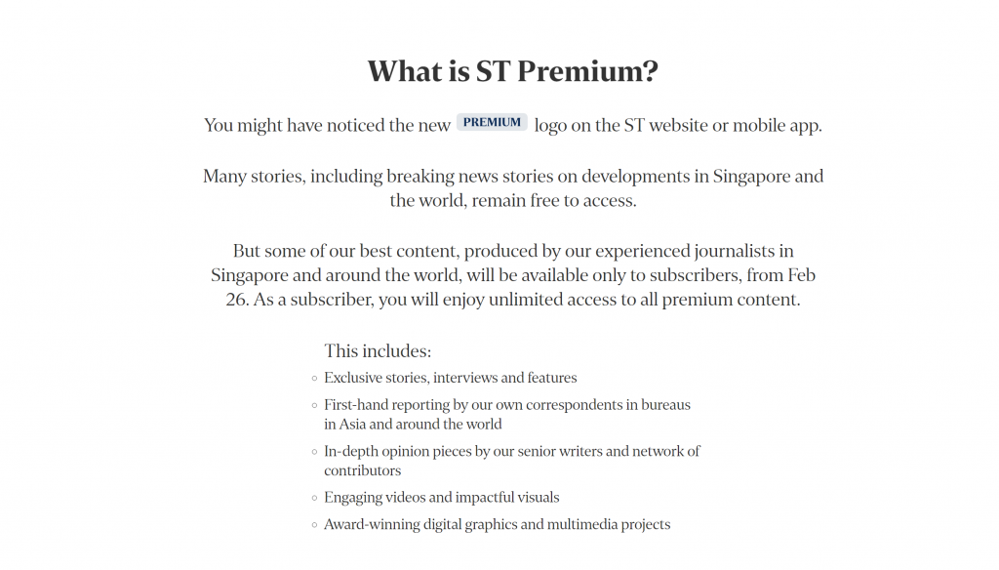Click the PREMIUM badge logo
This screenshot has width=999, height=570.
point(492,122)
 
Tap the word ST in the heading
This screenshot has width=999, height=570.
point(493,71)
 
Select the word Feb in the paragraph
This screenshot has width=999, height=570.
point(802,275)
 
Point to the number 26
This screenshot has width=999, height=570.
point(237,300)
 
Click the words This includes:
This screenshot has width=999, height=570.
point(378,351)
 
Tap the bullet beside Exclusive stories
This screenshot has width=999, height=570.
point(314,379)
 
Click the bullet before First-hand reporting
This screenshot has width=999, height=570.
point(314,405)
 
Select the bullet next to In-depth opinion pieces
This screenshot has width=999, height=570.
point(314,452)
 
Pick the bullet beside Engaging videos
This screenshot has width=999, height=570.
point(314,498)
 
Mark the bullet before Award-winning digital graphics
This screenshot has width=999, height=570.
point(314,525)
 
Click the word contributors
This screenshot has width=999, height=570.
point(363,470)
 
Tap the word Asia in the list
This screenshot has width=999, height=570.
point(352,424)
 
